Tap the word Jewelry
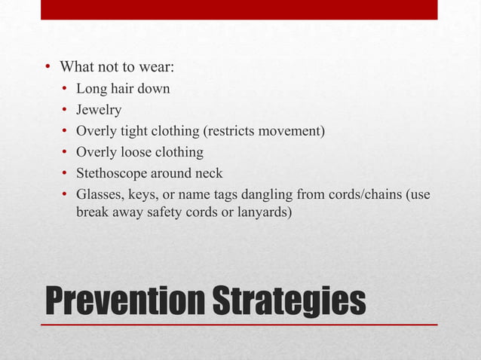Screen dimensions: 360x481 tap(99, 110)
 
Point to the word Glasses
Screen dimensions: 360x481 tap(100, 195)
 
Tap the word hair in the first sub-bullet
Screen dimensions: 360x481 tap(123, 89)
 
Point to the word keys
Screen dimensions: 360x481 tap(145, 195)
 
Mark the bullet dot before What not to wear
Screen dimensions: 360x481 tap(46, 68)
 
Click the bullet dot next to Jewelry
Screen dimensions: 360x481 tap(66, 111)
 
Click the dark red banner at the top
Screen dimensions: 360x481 tap(239, 9)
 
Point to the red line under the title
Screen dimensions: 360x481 tap(239, 325)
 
